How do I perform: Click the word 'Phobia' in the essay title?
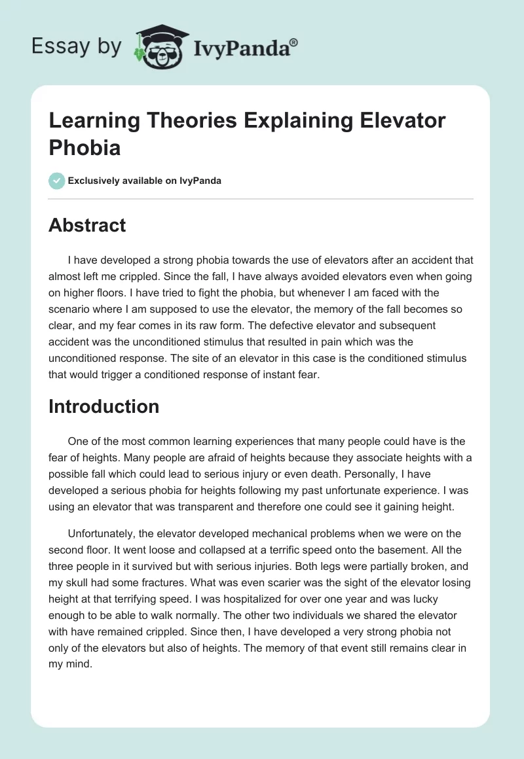pos(84,147)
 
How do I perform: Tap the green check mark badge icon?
pos(57,181)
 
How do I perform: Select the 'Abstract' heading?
pos(87,225)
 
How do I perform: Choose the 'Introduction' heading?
pos(103,406)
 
